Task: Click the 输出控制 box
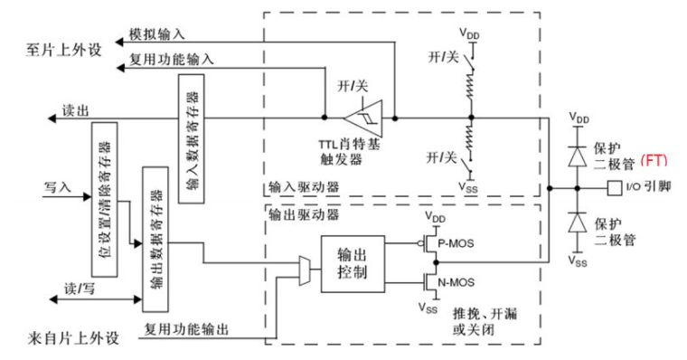[353, 264]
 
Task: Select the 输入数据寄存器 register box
[192, 138]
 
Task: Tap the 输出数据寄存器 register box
[155, 239]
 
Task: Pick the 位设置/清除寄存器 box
[104, 200]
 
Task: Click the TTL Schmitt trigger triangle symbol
[363, 118]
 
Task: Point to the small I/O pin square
[615, 188]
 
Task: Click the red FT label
[654, 160]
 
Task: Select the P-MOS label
[456, 243]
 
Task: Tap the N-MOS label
[456, 283]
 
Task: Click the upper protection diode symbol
[578, 156]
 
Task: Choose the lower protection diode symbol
[578, 222]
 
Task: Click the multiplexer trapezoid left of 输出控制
[305, 271]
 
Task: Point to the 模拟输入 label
[157, 33]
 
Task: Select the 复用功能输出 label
[186, 329]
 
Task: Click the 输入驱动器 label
[304, 187]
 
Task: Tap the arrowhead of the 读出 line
[52, 118]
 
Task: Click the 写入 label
[57, 187]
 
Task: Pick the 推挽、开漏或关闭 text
[485, 321]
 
